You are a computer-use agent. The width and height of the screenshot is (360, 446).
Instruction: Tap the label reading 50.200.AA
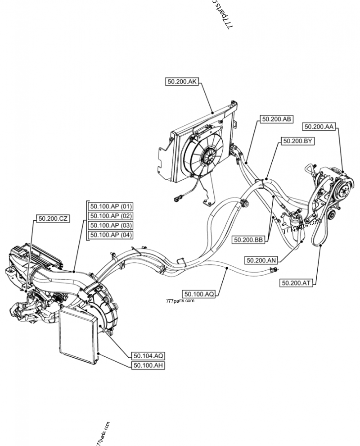click(x=319, y=127)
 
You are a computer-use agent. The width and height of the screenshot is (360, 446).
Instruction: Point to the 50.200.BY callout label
click(x=297, y=141)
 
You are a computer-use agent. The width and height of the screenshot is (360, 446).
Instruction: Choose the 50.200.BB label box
click(x=249, y=240)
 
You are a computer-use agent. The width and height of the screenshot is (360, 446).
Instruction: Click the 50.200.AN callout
click(x=261, y=260)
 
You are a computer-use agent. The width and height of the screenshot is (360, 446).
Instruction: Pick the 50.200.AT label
click(x=296, y=283)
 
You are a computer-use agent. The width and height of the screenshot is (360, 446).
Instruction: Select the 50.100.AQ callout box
click(x=199, y=294)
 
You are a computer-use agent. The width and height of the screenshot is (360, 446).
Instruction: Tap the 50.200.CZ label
click(x=53, y=218)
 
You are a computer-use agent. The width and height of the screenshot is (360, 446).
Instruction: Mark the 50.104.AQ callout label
click(x=148, y=355)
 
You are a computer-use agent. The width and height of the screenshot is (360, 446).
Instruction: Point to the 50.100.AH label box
click(x=148, y=365)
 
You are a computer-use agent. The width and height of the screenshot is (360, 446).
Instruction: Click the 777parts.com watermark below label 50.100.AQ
click(x=180, y=301)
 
